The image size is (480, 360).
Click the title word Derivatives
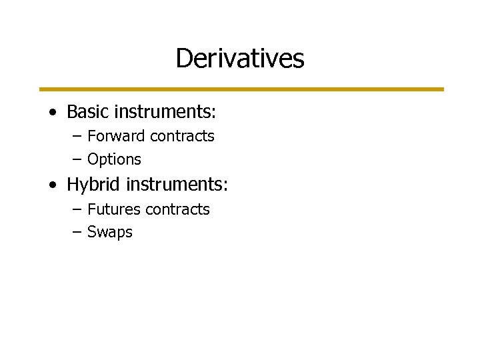[240, 59]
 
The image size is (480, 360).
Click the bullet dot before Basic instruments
[52, 113]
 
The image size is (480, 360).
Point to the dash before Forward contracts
[77, 137]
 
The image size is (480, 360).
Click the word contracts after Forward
[182, 137]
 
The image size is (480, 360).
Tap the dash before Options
[77, 160]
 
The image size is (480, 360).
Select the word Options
[115, 160]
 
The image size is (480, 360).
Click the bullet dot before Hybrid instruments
[52, 185]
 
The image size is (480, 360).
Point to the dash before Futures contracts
[77, 209]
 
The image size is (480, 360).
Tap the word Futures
[113, 209]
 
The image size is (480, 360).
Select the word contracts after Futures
[178, 209]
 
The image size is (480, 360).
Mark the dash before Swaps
[77, 233]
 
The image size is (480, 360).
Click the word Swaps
[110, 233]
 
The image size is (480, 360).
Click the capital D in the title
[183, 59]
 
